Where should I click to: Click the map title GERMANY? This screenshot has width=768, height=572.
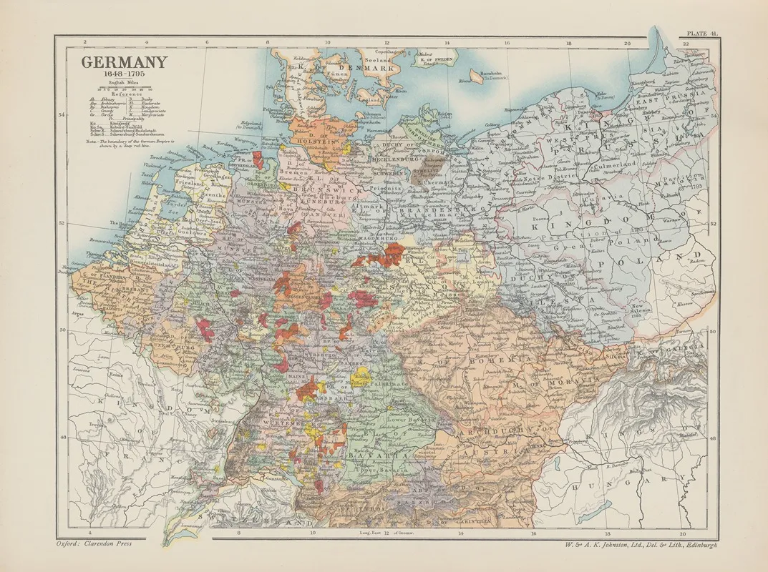(124, 62)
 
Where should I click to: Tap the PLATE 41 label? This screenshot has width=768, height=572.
(700, 34)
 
